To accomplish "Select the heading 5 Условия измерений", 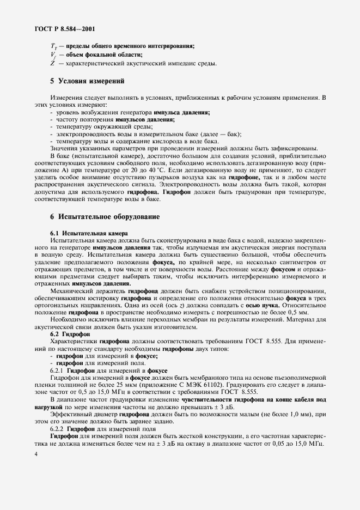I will point(87,81).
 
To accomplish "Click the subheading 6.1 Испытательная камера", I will point(88,233).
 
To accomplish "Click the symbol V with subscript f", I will point(52,54).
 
